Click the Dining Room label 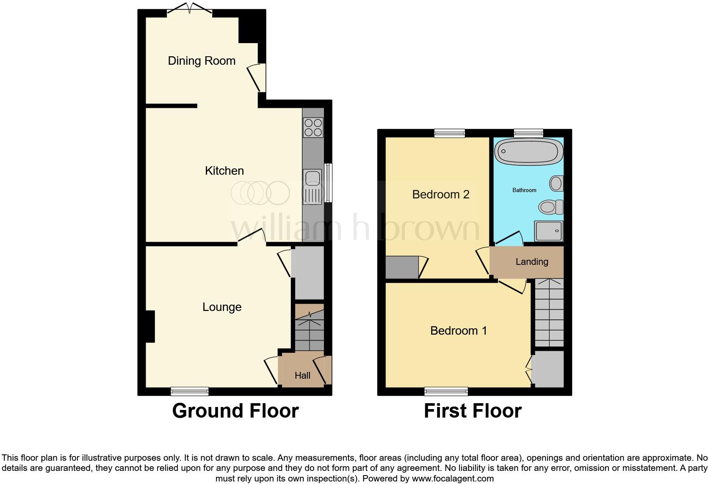click(202, 61)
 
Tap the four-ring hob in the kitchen click(313, 127)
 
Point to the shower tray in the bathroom click(549, 231)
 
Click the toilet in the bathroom click(551, 207)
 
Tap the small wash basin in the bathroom click(556, 184)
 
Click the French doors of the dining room click(190, 9)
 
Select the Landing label click(532, 261)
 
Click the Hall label click(302, 375)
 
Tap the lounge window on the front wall click(190, 391)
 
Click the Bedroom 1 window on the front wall click(446, 391)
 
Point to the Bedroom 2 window click(450, 133)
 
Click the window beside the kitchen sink click(328, 183)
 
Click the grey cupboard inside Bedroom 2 click(402, 267)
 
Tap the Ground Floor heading click(235, 411)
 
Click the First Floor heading click(473, 411)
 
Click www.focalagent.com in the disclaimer click(453, 479)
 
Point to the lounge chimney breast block click(150, 326)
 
